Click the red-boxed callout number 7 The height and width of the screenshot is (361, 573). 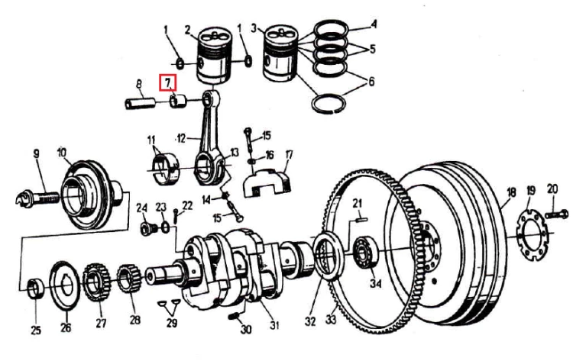coord(167,82)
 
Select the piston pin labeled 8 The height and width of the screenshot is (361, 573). coord(141,102)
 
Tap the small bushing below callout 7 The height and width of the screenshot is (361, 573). coord(178,101)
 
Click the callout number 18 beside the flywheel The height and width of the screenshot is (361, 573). coord(510,192)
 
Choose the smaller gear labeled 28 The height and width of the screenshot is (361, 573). coord(129,279)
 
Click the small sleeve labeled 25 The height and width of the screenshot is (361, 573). coord(36,288)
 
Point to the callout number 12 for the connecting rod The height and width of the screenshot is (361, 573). coord(182,138)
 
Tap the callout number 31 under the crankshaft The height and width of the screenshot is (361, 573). coord(274,325)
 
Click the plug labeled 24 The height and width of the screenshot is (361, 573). coord(147,228)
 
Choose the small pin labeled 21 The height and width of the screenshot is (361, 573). coord(361,219)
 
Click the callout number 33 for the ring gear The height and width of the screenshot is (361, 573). coord(331,320)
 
